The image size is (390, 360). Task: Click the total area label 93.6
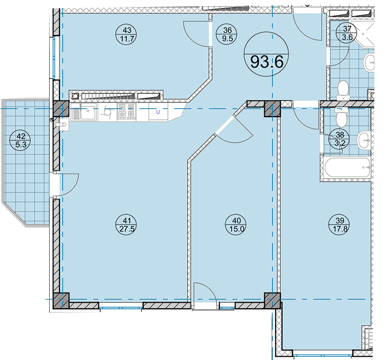coord(266,54)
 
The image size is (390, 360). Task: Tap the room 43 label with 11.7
coord(127,35)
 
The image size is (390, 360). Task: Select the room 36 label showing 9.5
coord(227,35)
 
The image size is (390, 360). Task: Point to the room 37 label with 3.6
coord(347,33)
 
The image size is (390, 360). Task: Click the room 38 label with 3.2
coord(340,139)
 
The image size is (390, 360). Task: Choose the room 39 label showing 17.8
coord(340,225)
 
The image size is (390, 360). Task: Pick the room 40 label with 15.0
coord(236,225)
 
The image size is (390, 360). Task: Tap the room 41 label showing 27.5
coord(127,225)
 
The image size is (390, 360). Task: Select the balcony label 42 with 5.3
coord(21,140)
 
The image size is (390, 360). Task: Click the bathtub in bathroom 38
coord(347,167)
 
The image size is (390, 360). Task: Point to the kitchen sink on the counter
coord(84,112)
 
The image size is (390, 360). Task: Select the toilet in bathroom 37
coord(343,90)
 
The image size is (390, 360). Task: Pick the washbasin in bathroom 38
coord(364,140)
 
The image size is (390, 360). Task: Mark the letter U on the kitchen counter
coord(158,112)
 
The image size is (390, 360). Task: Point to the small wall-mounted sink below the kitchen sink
coord(63,125)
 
